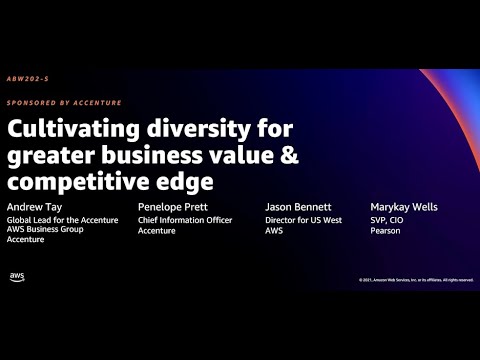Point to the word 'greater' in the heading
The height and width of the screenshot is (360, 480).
click(x=49, y=157)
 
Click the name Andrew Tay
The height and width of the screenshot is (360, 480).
click(x=33, y=207)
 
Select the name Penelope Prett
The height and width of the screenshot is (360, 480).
click(x=171, y=207)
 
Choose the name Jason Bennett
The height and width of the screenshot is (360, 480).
click(x=297, y=207)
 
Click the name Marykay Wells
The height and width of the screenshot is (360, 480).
click(x=403, y=207)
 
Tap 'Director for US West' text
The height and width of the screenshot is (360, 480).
click(x=302, y=219)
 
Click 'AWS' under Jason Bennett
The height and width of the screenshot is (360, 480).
click(x=275, y=230)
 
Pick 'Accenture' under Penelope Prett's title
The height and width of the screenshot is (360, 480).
click(x=157, y=230)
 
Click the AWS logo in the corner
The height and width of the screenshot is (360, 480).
click(x=17, y=277)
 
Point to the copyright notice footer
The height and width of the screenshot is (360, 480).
click(x=415, y=280)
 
